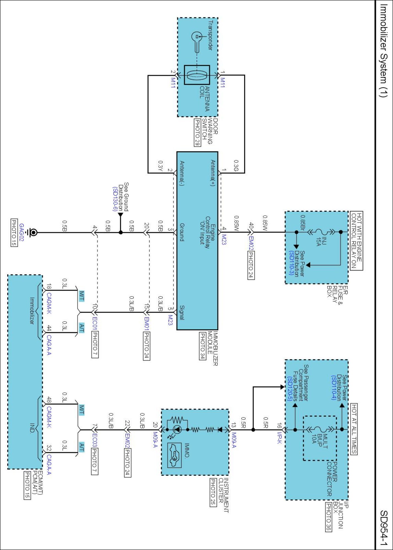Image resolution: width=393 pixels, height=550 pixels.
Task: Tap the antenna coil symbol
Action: point(197,75)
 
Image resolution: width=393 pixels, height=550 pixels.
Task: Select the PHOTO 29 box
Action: point(197,132)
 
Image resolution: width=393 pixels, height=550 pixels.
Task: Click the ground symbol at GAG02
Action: point(33,232)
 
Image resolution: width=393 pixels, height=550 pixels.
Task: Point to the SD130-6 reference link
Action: point(115,199)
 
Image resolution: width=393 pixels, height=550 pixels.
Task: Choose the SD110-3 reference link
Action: point(291,263)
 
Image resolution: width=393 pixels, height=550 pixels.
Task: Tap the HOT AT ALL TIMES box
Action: point(354,429)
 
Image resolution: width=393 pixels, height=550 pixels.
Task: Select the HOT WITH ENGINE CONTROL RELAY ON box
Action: point(356,241)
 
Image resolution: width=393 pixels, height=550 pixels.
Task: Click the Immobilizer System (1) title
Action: point(383,51)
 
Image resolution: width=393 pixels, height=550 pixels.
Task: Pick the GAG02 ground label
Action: point(21,232)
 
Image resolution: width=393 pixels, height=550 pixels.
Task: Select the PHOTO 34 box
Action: point(202,346)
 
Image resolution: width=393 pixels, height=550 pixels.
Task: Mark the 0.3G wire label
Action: point(236,166)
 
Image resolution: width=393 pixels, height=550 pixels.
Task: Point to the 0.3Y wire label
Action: point(160,166)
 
